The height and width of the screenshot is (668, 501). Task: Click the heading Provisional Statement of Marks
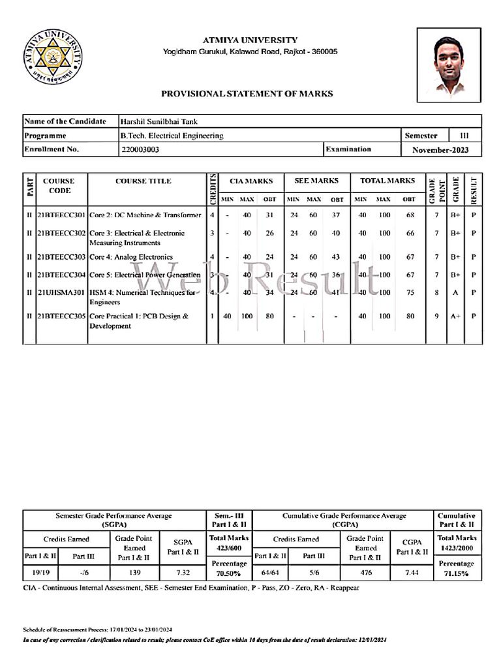[247, 94]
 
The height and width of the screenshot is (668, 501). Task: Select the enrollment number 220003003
[140, 149]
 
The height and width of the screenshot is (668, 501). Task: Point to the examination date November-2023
[440, 149]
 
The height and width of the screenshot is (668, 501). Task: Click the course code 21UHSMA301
[61, 292]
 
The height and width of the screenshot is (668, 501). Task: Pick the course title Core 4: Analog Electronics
[131, 257]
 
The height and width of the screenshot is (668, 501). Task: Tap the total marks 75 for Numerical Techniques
[409, 293]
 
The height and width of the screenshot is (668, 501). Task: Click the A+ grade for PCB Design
[455, 316]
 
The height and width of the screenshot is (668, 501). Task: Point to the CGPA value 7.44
[410, 573]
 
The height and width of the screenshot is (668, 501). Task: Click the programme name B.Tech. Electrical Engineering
[172, 136]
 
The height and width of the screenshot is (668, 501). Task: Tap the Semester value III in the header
[464, 136]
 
